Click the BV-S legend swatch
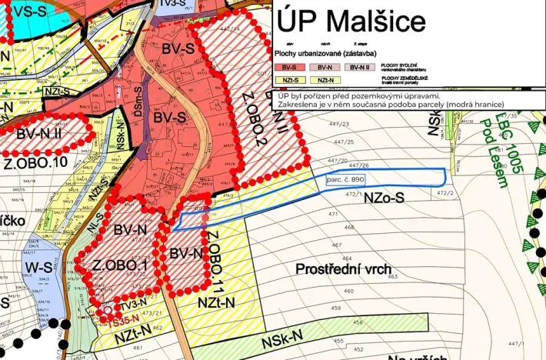(289, 68)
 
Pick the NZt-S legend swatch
(289, 81)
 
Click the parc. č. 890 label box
(344, 178)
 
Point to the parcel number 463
(392, 275)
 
